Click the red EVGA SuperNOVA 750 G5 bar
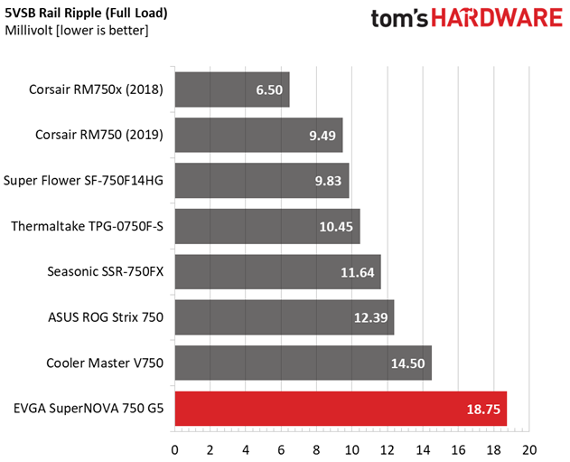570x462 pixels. [340, 409]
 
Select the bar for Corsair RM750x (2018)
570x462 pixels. [231, 90]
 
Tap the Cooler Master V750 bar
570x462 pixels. [302, 363]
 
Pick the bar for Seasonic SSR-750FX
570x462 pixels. [276, 271]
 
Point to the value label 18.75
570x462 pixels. [482, 409]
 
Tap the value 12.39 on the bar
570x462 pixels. [372, 317]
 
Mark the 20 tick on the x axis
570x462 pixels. [529, 449]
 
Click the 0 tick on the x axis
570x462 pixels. [174, 449]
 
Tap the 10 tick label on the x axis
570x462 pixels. [351, 449]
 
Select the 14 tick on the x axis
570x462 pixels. [423, 449]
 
